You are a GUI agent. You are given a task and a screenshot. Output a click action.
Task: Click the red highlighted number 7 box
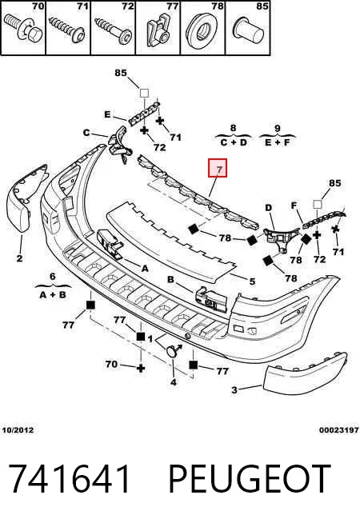pyautogui.click(x=218, y=168)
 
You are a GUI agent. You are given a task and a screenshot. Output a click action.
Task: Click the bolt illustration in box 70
pyautogui.click(x=22, y=27)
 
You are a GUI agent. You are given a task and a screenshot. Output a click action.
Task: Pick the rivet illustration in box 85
pyautogui.click(x=249, y=30)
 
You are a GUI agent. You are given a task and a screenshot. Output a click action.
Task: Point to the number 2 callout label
pyautogui.click(x=19, y=258)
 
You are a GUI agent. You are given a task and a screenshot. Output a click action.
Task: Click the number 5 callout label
pyautogui.click(x=253, y=281)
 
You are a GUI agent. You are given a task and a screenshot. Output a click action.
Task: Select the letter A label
pyautogui.click(x=145, y=268)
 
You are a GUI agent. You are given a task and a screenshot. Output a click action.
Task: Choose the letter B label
pyautogui.click(x=170, y=279)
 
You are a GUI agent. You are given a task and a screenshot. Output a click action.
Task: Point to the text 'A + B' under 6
pyautogui.click(x=53, y=295)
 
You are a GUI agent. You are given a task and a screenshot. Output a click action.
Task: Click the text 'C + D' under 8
pyautogui.click(x=234, y=142)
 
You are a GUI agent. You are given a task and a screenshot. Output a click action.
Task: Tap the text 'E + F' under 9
pyautogui.click(x=278, y=142)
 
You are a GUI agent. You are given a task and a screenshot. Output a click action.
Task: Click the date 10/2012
pyautogui.click(x=18, y=430)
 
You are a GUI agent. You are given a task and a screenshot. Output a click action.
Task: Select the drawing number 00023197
pyautogui.click(x=339, y=430)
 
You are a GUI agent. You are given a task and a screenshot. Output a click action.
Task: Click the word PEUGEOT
pyautogui.click(x=250, y=479)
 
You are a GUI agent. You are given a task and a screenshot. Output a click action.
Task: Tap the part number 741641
pyautogui.click(x=69, y=479)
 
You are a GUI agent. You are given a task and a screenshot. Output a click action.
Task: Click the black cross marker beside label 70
pyautogui.click(x=141, y=368)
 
